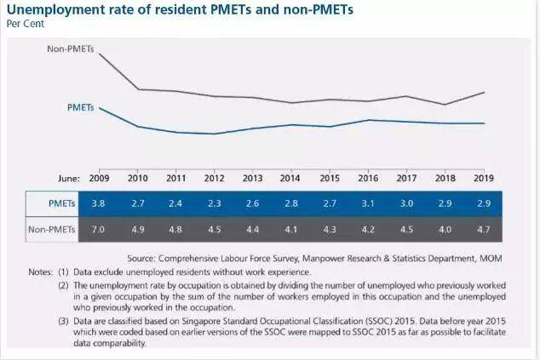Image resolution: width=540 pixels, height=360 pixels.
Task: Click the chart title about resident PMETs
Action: coord(174,10)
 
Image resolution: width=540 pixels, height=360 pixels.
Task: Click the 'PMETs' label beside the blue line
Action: coord(80,107)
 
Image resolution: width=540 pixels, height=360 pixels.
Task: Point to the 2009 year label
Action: coord(99,178)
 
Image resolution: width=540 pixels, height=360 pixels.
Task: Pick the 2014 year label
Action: coord(290,178)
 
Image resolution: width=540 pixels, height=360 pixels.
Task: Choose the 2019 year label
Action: coord(484,178)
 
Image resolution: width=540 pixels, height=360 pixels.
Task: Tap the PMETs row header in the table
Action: coord(62,204)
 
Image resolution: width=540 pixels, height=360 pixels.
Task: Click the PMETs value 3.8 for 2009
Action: coord(99,204)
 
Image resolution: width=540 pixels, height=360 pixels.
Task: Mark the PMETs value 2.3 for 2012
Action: coord(214,204)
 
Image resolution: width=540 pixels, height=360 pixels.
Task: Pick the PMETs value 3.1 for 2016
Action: coord(368,204)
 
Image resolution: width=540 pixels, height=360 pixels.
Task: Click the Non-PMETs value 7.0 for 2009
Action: coord(99,228)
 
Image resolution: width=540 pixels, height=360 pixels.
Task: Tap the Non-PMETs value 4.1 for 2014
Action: coord(290,228)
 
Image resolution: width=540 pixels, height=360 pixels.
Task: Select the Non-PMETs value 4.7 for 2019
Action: coord(484,228)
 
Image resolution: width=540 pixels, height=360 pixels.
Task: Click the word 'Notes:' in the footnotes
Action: coord(41,271)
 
